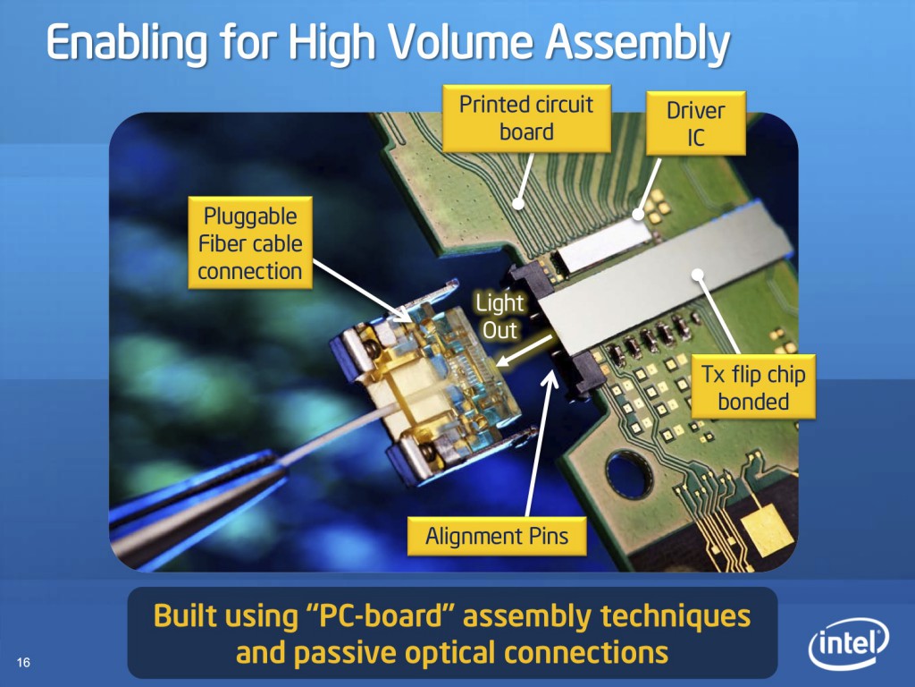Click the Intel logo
point(849,643)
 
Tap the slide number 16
point(23,662)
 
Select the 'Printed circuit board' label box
point(526,119)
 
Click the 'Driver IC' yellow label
point(695,123)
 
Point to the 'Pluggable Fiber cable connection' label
point(250,243)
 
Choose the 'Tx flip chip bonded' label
point(753,387)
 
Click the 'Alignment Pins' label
point(497,537)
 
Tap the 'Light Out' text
point(499,316)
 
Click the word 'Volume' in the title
point(460,44)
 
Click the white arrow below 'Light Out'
point(525,352)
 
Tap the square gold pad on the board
point(767,530)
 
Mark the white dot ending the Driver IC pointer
point(638,215)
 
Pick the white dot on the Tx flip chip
point(697,275)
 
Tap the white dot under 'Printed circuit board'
point(517,203)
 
